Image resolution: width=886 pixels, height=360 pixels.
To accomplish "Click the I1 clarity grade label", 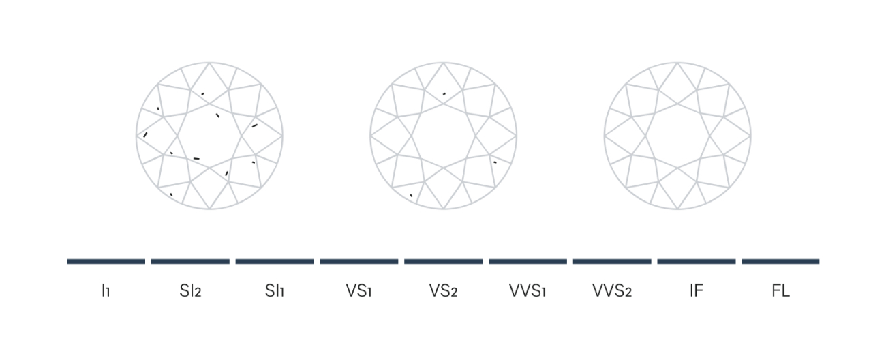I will (x=106, y=291).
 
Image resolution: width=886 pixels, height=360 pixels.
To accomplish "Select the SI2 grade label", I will (x=190, y=291).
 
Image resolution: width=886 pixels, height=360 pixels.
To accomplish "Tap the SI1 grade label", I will (x=275, y=291).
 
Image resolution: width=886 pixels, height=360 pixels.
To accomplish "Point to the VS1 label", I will (x=358, y=291).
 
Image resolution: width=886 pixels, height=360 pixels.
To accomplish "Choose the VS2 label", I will (x=443, y=291).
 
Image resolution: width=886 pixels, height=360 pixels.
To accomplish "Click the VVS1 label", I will (x=528, y=291).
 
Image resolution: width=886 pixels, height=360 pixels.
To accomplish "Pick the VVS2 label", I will (x=612, y=291).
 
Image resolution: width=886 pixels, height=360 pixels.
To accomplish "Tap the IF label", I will (x=696, y=291).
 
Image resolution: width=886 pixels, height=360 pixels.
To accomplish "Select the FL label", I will (x=780, y=291).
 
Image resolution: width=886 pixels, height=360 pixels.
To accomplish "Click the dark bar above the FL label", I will (x=780, y=261).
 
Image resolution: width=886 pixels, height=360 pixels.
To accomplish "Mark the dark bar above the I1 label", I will (x=106, y=261).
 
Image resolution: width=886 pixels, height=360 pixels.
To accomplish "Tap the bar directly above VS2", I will (x=443, y=261).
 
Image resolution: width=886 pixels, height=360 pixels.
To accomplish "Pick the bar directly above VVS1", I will (x=528, y=261).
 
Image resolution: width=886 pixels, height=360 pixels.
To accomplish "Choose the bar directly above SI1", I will (x=275, y=261).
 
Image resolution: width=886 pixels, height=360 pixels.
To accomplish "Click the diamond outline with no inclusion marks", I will (x=677, y=136).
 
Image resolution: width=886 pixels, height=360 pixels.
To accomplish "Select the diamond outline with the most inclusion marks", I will (x=209, y=136).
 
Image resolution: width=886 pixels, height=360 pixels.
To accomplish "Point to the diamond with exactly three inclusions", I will (x=444, y=136).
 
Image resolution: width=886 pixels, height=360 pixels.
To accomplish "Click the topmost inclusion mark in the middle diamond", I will (x=444, y=93).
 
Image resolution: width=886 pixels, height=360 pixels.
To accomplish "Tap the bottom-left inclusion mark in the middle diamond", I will (x=411, y=196).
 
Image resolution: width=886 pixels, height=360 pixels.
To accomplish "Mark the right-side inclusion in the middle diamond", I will (x=495, y=162).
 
